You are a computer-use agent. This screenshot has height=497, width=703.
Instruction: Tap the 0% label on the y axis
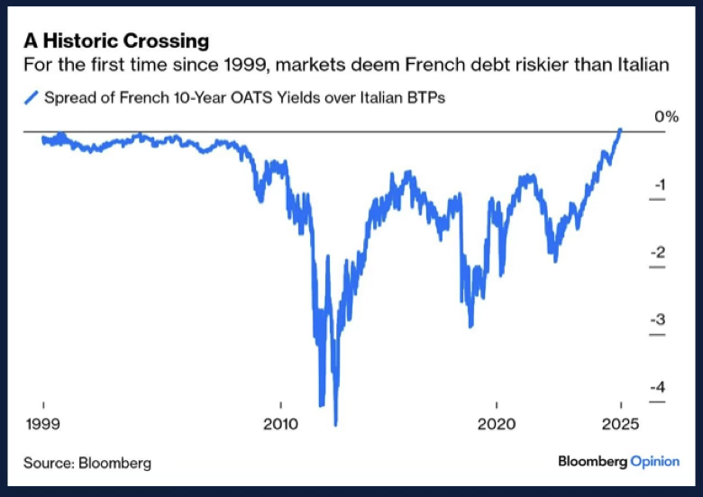(x=665, y=117)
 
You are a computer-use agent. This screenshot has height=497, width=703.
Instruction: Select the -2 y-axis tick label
(x=658, y=252)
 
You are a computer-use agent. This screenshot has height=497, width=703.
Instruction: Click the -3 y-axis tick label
(x=658, y=320)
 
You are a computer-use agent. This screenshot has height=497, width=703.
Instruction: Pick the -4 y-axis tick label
(x=658, y=386)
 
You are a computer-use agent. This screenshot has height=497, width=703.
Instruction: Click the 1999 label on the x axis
(x=43, y=423)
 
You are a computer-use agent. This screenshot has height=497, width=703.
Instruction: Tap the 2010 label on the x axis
(x=280, y=423)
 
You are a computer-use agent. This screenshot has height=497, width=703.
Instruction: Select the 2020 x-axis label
(x=496, y=423)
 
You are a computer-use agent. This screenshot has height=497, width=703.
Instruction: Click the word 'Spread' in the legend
(x=71, y=97)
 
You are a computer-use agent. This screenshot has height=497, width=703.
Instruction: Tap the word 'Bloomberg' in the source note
(x=114, y=463)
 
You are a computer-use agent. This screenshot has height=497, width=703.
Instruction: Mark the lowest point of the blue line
(x=335, y=423)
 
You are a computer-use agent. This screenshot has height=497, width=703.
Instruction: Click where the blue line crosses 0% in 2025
(x=620, y=131)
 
